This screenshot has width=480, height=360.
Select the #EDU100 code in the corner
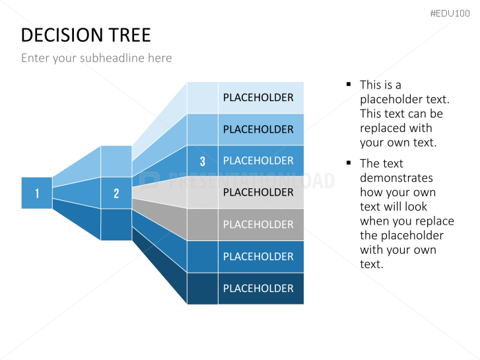click(x=450, y=13)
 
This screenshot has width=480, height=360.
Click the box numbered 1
click(x=36, y=193)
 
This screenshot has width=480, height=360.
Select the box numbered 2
click(x=116, y=193)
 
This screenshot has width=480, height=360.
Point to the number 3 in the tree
click(x=202, y=161)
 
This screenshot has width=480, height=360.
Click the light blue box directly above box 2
click(x=116, y=161)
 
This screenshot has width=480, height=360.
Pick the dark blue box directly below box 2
click(x=116, y=225)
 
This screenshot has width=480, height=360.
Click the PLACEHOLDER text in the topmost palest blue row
click(x=258, y=98)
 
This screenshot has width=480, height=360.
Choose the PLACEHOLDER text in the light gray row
click(x=258, y=192)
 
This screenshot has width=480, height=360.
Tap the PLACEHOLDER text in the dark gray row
click(x=258, y=225)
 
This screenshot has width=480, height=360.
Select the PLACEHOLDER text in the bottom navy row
click(x=258, y=289)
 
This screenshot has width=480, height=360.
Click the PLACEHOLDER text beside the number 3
click(x=258, y=161)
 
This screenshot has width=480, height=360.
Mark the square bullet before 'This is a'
click(x=348, y=85)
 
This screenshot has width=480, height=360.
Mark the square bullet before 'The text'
click(x=348, y=163)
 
